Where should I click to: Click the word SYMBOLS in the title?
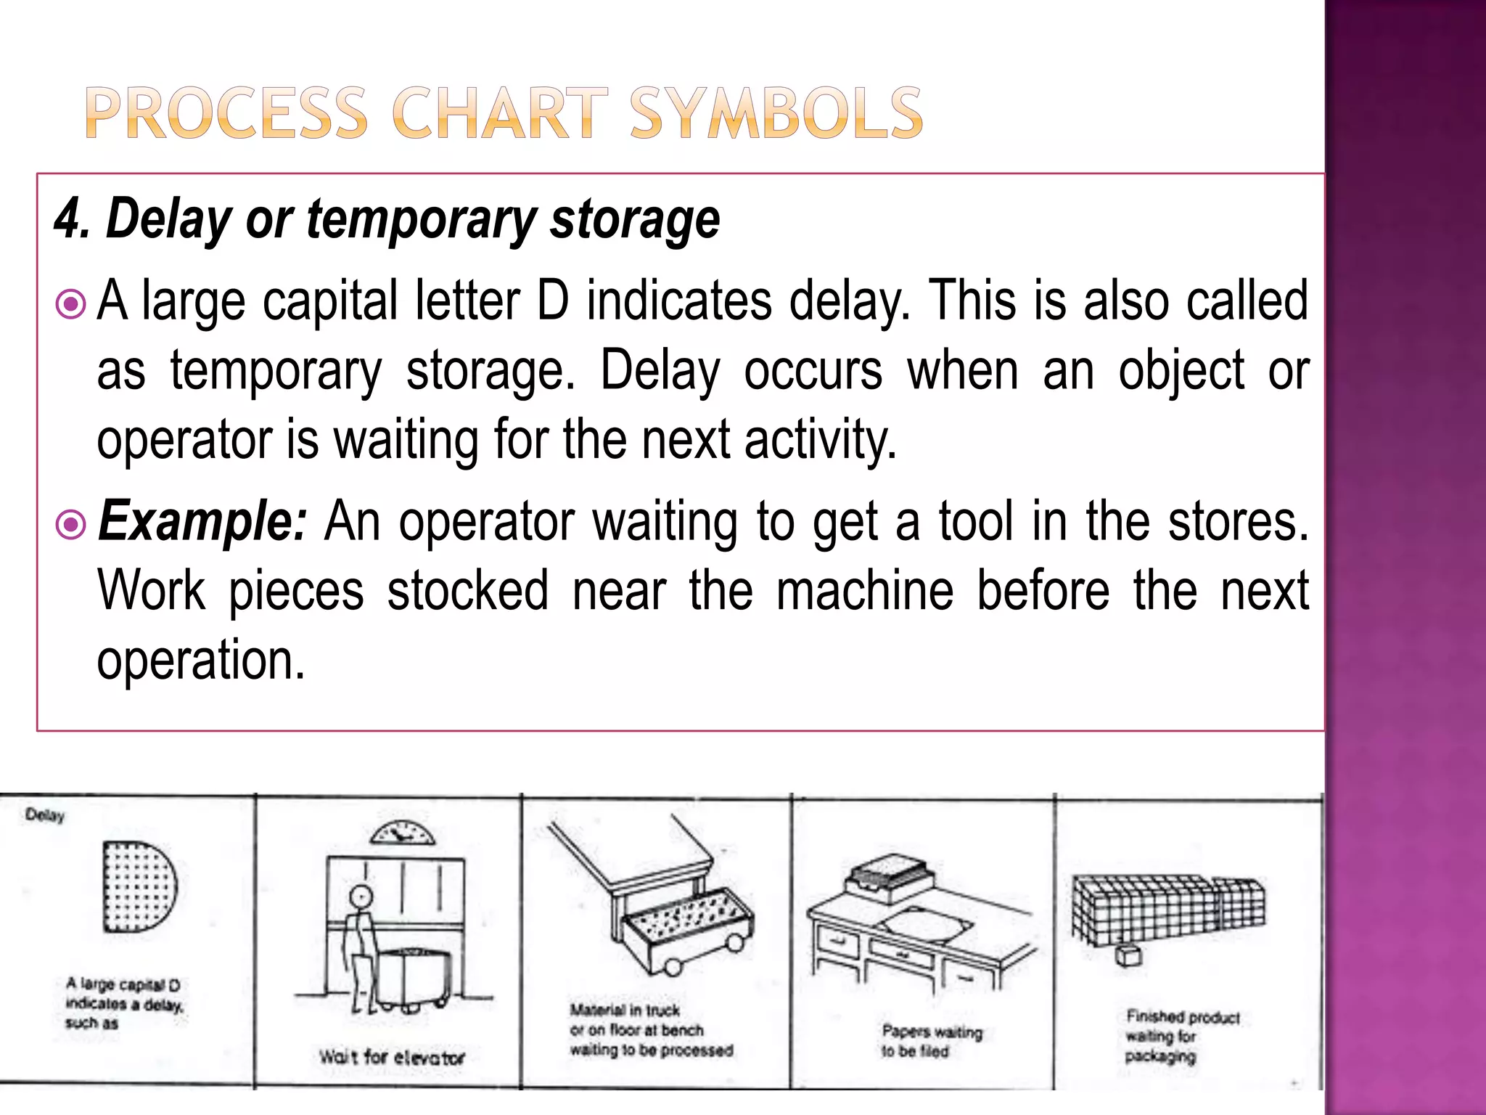point(776,113)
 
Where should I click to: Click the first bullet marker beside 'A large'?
point(71,305)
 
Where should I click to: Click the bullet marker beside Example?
point(71,524)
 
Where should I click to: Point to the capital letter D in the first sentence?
point(553,301)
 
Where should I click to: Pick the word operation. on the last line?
point(201,661)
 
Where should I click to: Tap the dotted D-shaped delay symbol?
point(138,886)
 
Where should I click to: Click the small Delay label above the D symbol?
point(45,815)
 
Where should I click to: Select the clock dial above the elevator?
point(402,833)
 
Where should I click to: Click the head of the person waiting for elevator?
point(361,896)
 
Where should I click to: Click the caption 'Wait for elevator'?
point(392,1057)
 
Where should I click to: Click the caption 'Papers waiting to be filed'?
point(931,1041)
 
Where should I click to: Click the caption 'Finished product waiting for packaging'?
point(1181,1037)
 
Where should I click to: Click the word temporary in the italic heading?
point(420,218)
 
